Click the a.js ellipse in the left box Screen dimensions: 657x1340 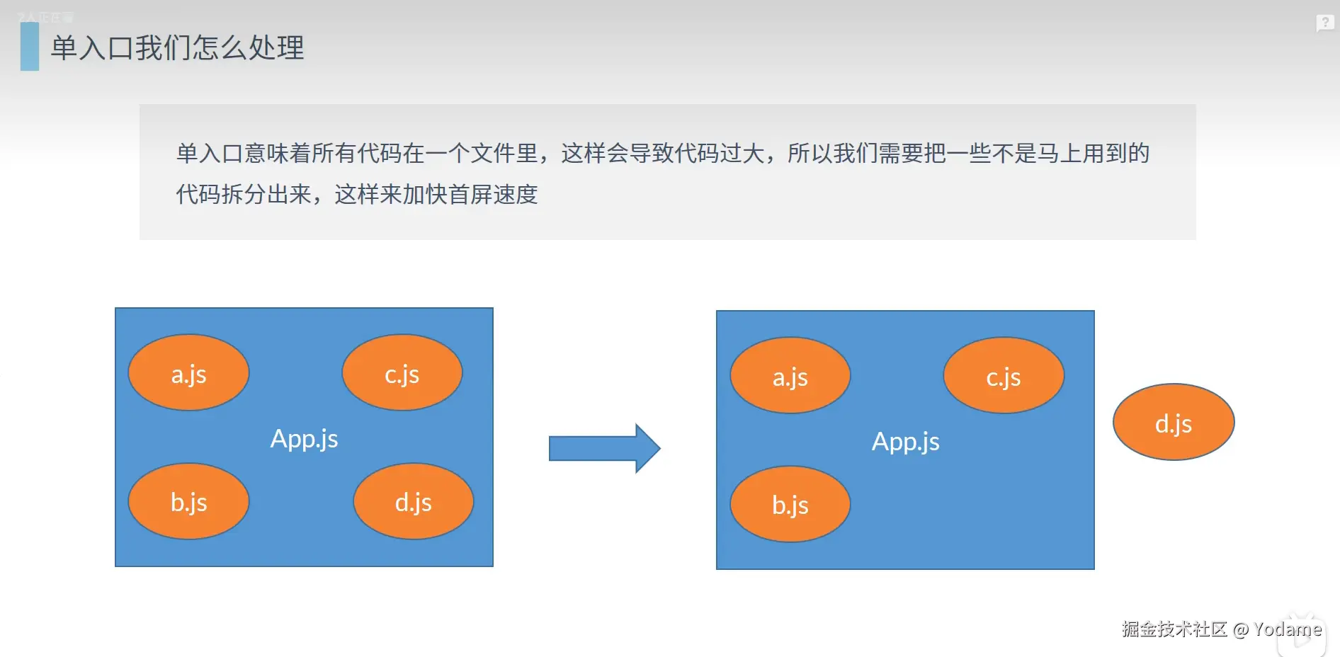pyautogui.click(x=188, y=373)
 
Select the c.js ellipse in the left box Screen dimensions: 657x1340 pyautogui.click(x=402, y=373)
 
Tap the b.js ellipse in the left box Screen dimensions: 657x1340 pyautogui.click(x=188, y=501)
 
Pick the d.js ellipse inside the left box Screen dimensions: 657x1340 pyautogui.click(x=413, y=501)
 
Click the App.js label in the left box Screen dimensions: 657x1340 pyautogui.click(x=304, y=439)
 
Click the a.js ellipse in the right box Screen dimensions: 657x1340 pyautogui.click(x=790, y=376)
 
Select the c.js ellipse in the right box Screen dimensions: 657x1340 pyautogui.click(x=1003, y=376)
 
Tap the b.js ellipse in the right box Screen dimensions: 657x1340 pyautogui.click(x=790, y=504)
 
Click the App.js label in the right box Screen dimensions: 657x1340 pyautogui.click(x=905, y=442)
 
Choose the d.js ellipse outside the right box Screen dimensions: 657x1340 pyautogui.click(x=1174, y=423)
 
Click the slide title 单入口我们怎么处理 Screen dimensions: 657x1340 pyautogui.click(x=177, y=48)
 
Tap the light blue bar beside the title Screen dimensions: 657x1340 pyautogui.click(x=30, y=47)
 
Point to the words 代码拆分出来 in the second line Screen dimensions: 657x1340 pyautogui.click(x=244, y=194)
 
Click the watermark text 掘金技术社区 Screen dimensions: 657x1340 pyautogui.click(x=1174, y=629)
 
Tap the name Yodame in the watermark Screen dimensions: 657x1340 pyautogui.click(x=1287, y=629)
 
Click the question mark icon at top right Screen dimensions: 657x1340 pyautogui.click(x=1324, y=23)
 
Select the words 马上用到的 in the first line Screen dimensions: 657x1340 pyautogui.click(x=1093, y=153)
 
